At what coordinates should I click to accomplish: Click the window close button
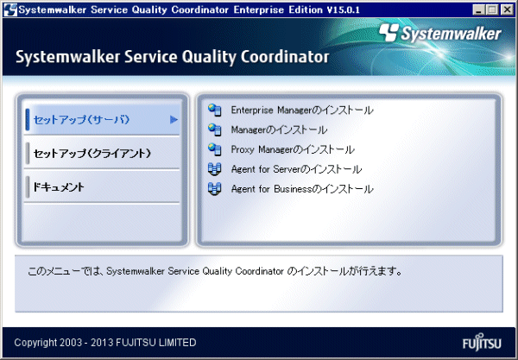coord(507,9)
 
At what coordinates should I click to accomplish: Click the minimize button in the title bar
coord(478,9)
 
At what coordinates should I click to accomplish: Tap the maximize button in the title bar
coord(492,9)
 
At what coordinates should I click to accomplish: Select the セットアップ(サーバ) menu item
coord(82,119)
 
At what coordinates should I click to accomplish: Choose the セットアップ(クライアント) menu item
coord(92,154)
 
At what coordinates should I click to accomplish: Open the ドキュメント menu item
coord(59,187)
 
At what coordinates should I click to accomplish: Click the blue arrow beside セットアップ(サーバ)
coord(174,119)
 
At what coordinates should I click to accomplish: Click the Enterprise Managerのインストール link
coord(302,110)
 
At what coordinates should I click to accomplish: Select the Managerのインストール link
coord(279,129)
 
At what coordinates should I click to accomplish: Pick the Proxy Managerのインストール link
coord(293,149)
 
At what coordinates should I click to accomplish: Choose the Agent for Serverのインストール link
coord(296,169)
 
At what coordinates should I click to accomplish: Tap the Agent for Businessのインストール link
coord(302,189)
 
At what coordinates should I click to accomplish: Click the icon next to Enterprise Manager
coord(215,110)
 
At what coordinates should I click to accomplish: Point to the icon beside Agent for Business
coord(215,189)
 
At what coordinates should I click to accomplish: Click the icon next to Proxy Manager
coord(215,149)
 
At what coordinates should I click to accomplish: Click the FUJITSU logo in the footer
coord(482,343)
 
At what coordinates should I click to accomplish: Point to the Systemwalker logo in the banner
coord(440,34)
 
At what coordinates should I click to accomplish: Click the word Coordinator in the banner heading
coord(285,57)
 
